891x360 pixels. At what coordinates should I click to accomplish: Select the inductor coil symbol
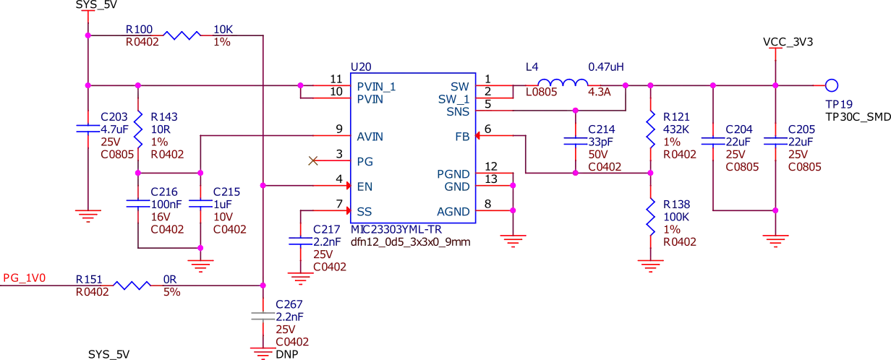pos(563,81)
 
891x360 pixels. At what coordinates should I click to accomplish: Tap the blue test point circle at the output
pos(832,85)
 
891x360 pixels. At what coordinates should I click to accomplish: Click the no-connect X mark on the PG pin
pos(312,161)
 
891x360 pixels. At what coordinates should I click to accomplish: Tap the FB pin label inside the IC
pos(461,135)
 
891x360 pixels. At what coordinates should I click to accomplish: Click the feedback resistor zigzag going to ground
pos(650,217)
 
